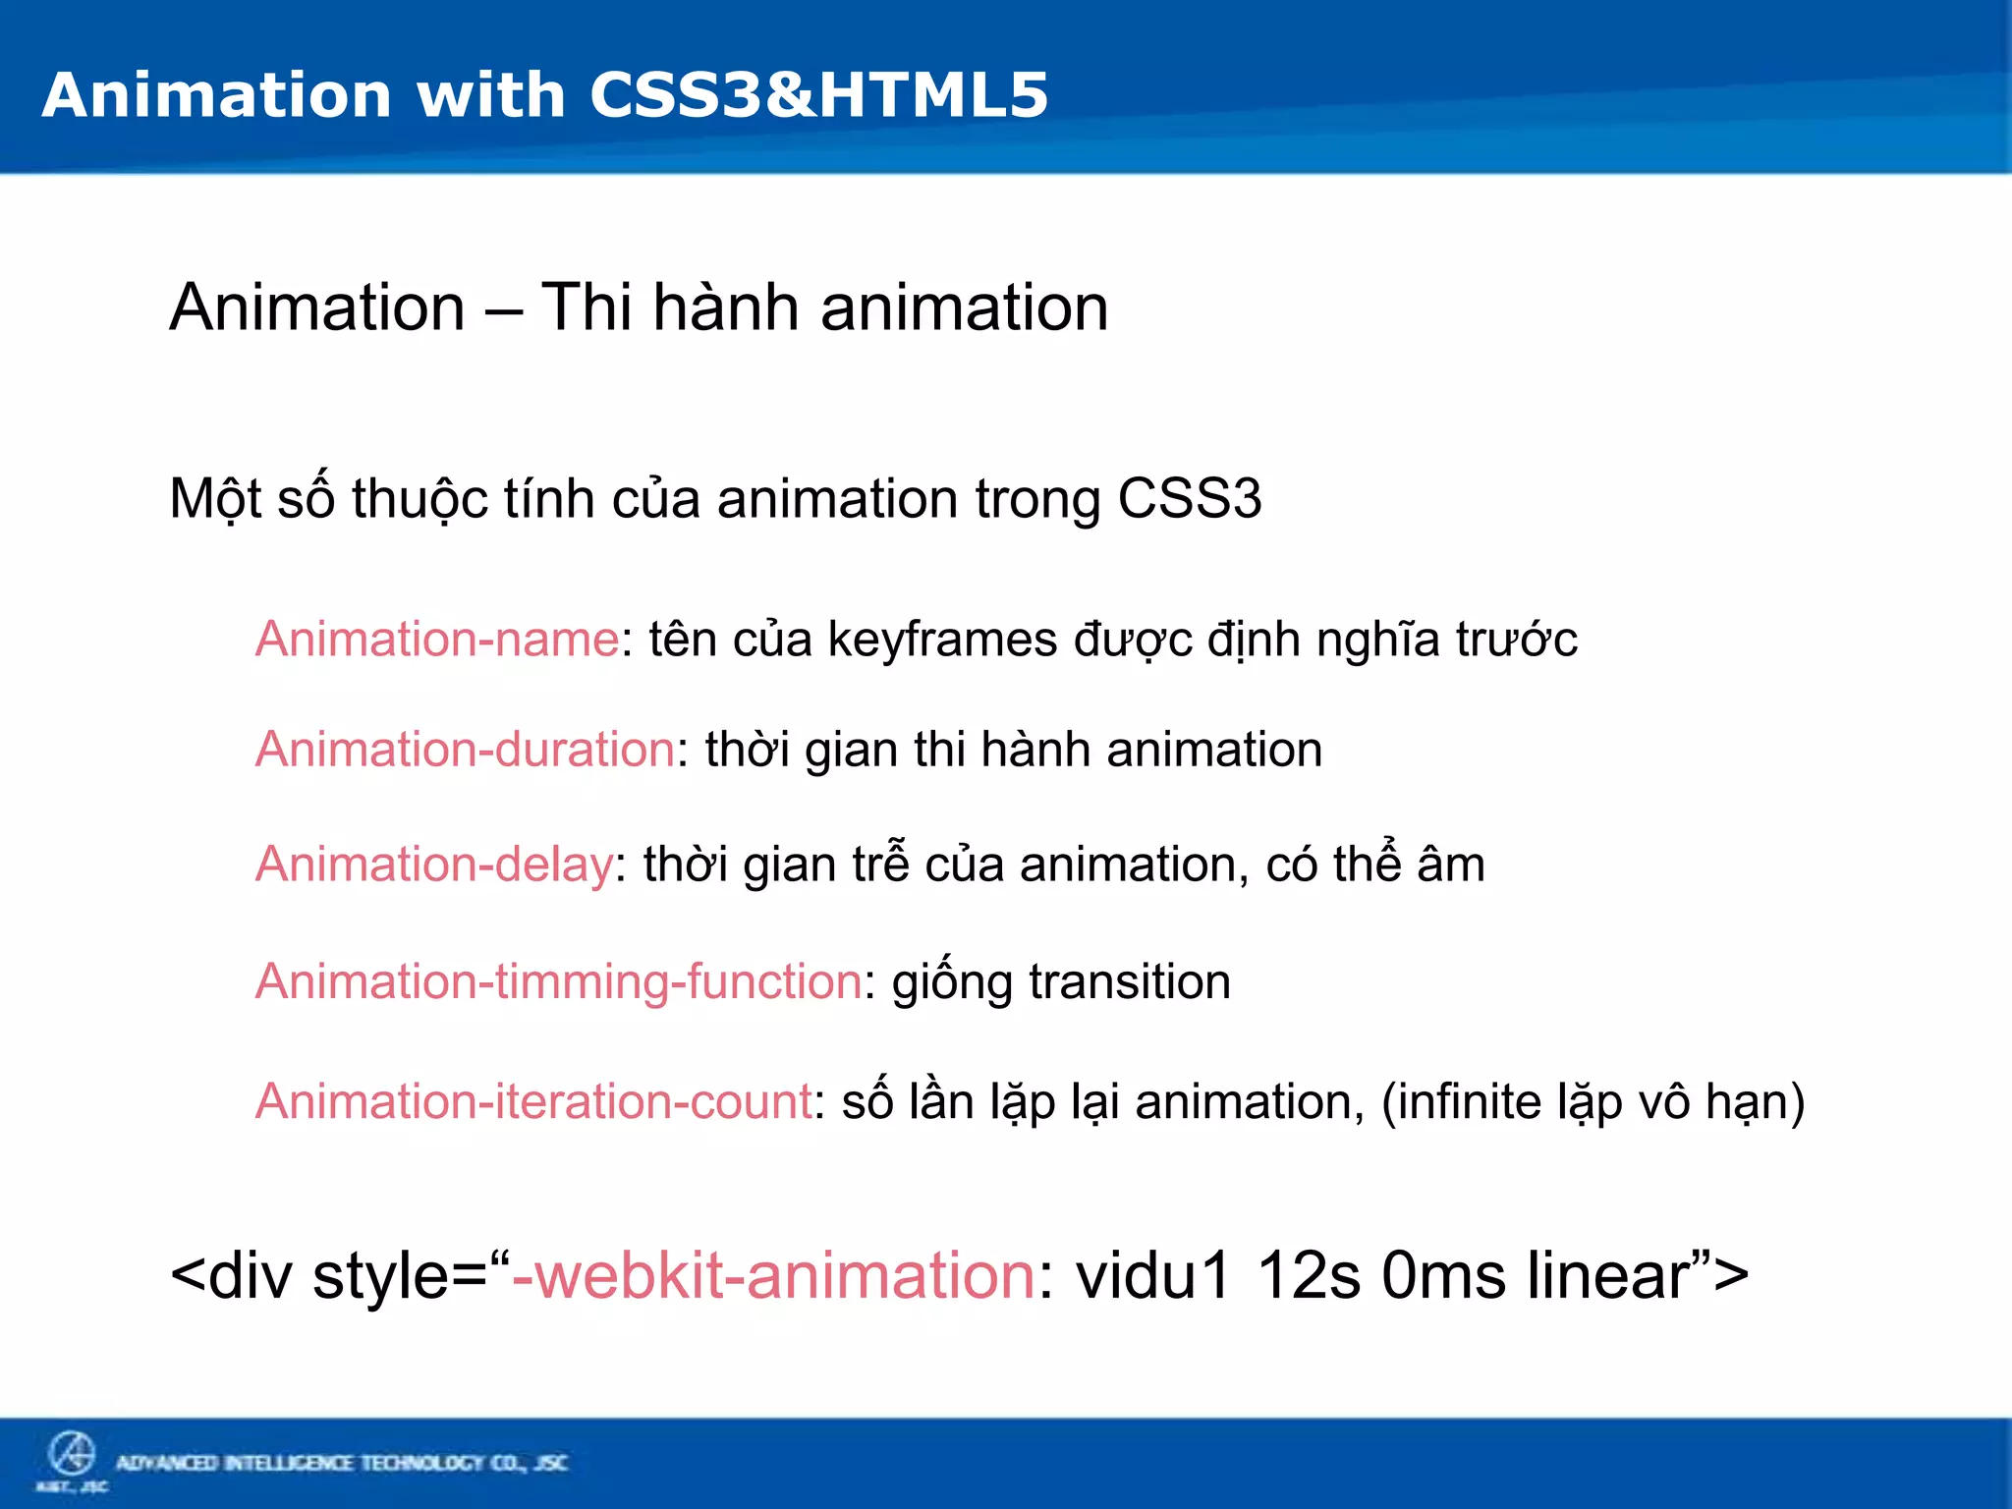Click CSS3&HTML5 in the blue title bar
pyautogui.click(x=818, y=95)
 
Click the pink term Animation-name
pyautogui.click(x=437, y=640)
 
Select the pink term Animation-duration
pyautogui.click(x=465, y=750)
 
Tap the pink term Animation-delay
pyautogui.click(x=434, y=865)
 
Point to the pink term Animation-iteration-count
pyautogui.click(x=533, y=1101)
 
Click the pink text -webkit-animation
pyautogui.click(x=773, y=1276)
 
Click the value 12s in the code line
pyautogui.click(x=1308, y=1276)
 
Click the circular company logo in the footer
pyautogui.click(x=72, y=1454)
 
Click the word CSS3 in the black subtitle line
pyautogui.click(x=1189, y=499)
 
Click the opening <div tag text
pyautogui.click(x=232, y=1276)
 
